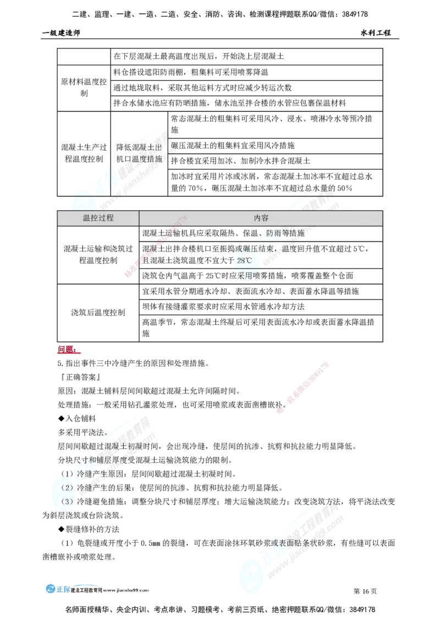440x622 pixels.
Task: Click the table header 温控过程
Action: [x=98, y=218]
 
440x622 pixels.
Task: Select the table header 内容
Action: [x=261, y=218]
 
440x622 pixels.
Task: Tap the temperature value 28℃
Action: [x=243, y=260]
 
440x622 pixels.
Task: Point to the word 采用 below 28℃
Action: [x=244, y=276]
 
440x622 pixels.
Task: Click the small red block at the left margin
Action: [x=67, y=349]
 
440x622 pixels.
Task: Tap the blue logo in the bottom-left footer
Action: [x=57, y=588]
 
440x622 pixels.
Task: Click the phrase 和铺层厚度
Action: [x=105, y=459]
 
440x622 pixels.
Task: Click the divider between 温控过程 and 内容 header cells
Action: [x=139, y=218]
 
